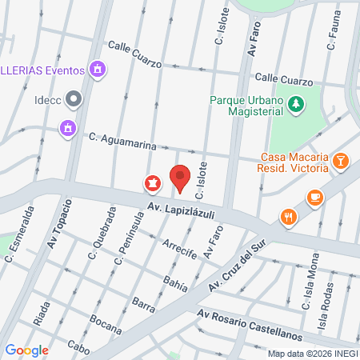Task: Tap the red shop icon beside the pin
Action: point(150,184)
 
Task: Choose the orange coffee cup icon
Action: point(316,196)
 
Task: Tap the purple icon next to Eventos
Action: point(98,70)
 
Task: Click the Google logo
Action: point(26,350)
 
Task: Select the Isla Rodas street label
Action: point(327,298)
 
